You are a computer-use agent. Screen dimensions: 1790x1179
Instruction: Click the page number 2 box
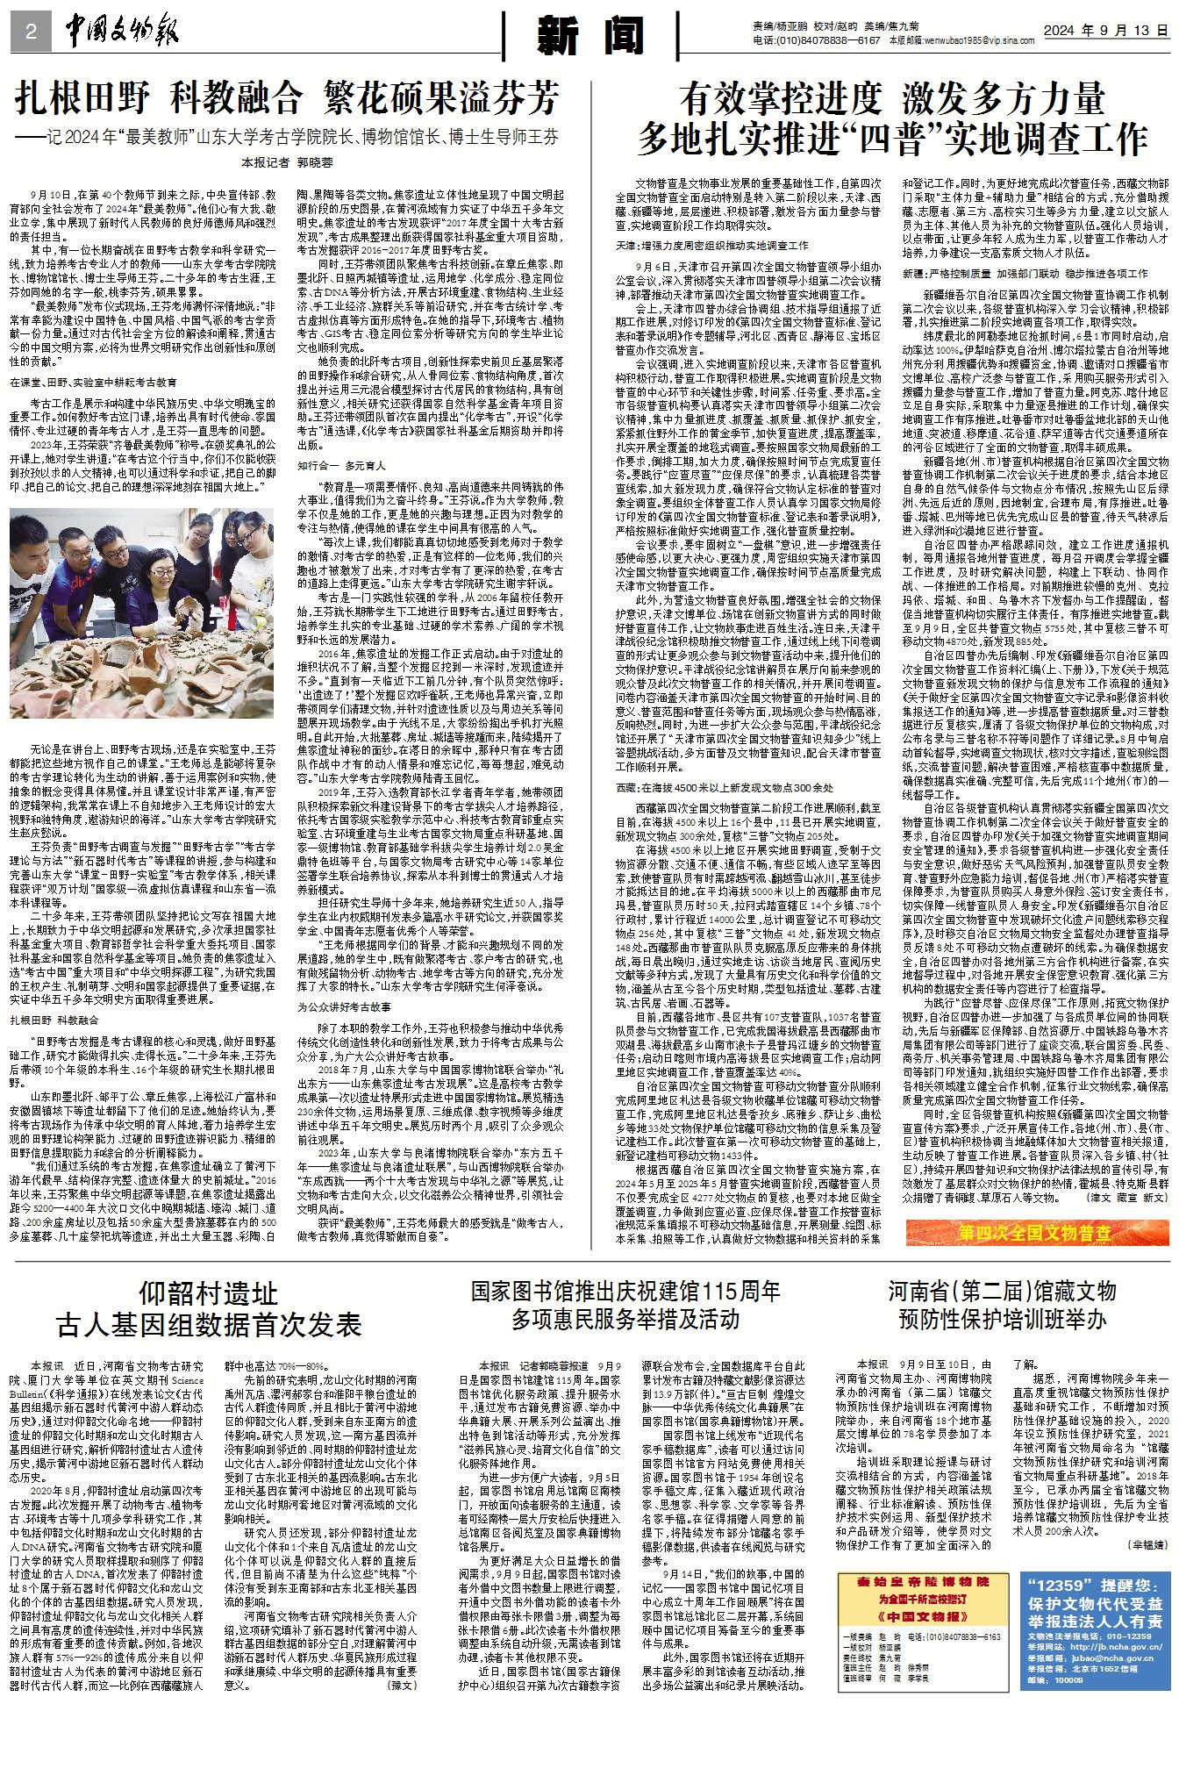click(x=32, y=32)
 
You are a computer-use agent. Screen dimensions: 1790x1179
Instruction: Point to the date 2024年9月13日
click(x=1106, y=31)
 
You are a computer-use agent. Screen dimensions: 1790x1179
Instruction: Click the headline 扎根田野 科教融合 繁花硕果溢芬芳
click(x=286, y=99)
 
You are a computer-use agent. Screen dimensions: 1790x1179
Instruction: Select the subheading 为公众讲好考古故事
click(x=344, y=1007)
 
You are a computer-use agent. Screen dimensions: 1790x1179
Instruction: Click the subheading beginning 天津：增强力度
click(x=711, y=246)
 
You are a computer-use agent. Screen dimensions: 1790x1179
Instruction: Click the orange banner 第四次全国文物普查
click(x=1036, y=1233)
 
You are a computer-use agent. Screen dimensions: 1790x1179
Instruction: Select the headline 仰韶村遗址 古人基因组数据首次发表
click(x=209, y=1308)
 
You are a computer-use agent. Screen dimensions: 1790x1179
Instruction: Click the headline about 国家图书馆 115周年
click(x=625, y=1305)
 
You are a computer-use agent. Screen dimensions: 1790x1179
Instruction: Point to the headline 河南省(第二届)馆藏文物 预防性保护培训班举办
click(x=1003, y=1305)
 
